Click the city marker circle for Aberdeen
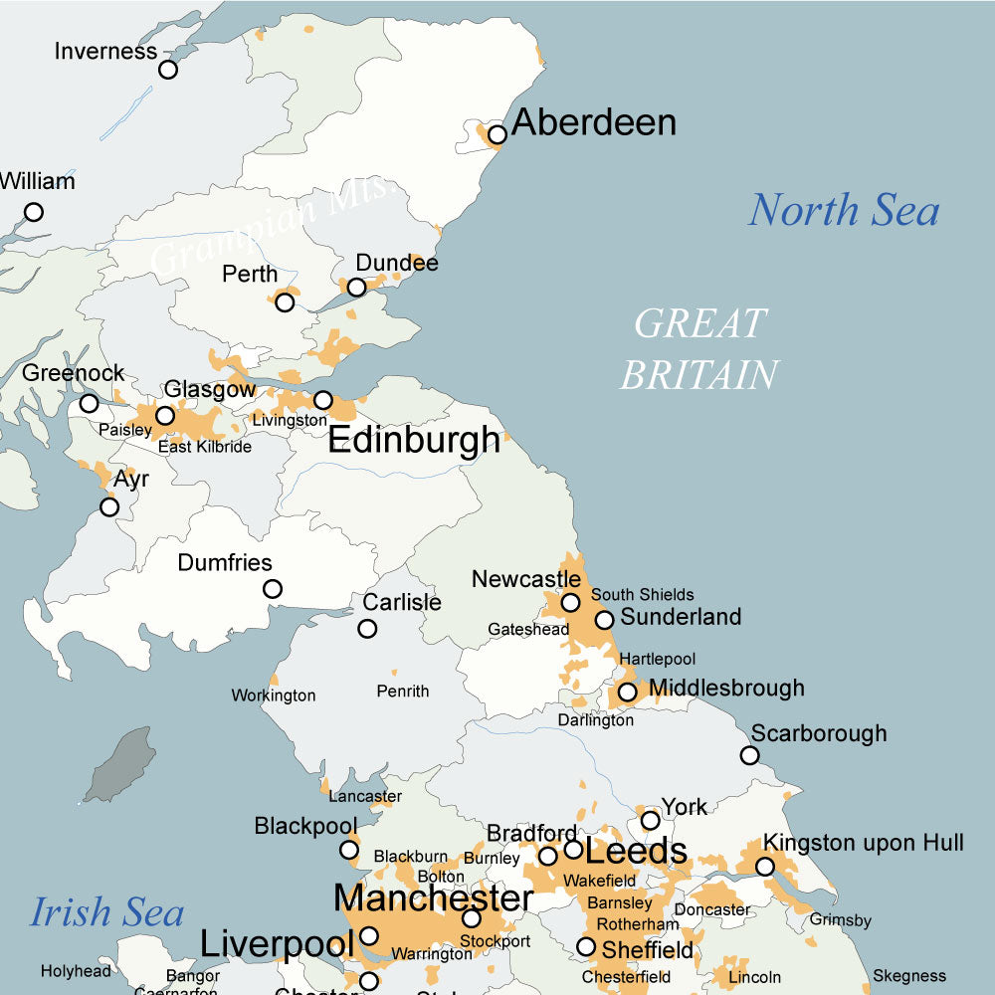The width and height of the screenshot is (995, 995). [497, 134]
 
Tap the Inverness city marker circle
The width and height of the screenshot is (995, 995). [168, 70]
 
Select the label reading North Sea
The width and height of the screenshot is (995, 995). [844, 210]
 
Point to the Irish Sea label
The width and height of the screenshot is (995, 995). [107, 911]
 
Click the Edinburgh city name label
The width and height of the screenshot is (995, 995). [414, 440]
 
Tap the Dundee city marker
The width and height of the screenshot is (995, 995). [356, 288]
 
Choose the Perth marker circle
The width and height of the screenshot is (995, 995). [286, 302]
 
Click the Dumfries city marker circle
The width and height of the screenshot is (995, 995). [272, 589]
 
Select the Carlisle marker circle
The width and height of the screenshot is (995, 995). [367, 629]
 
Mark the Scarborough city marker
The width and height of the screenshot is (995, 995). [749, 755]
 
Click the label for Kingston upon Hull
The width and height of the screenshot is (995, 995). [864, 844]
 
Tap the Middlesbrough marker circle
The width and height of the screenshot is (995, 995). [627, 692]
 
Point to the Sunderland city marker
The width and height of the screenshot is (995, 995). [604, 620]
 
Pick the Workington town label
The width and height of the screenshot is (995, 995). [274, 696]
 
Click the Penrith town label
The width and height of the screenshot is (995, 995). [403, 691]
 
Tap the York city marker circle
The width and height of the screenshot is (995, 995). [650, 821]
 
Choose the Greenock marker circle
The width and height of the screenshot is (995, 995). [90, 403]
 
